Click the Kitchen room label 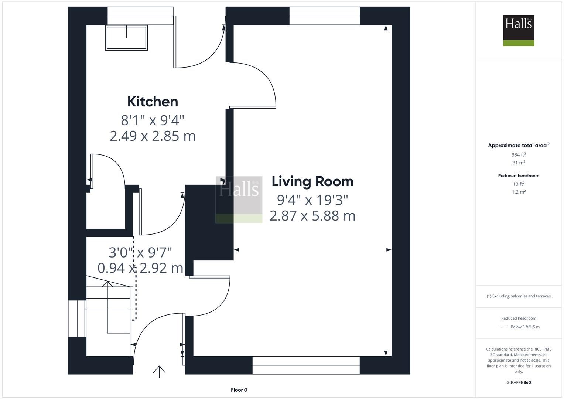153,102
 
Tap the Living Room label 312,181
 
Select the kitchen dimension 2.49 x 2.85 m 153,136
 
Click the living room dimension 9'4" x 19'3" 312,200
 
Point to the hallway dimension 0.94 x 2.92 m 140,268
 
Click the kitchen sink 126,38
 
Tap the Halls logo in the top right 519,30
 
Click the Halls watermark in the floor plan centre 239,199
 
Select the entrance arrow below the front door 159,371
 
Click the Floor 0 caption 239,390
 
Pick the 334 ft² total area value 519,155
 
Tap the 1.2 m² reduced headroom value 519,192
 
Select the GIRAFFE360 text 519,382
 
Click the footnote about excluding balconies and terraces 519,296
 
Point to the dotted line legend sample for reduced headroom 503,327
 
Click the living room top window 324,16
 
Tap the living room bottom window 306,365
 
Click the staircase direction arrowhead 107,284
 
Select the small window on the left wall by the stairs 77,318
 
